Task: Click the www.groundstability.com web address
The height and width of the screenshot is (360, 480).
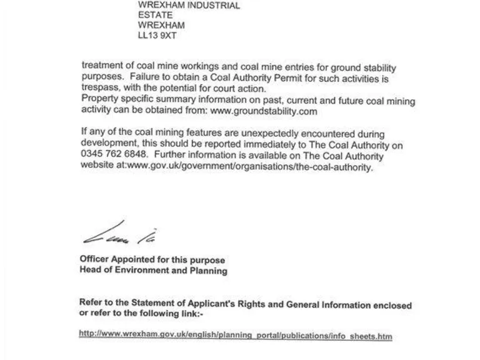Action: pos(264,111)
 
